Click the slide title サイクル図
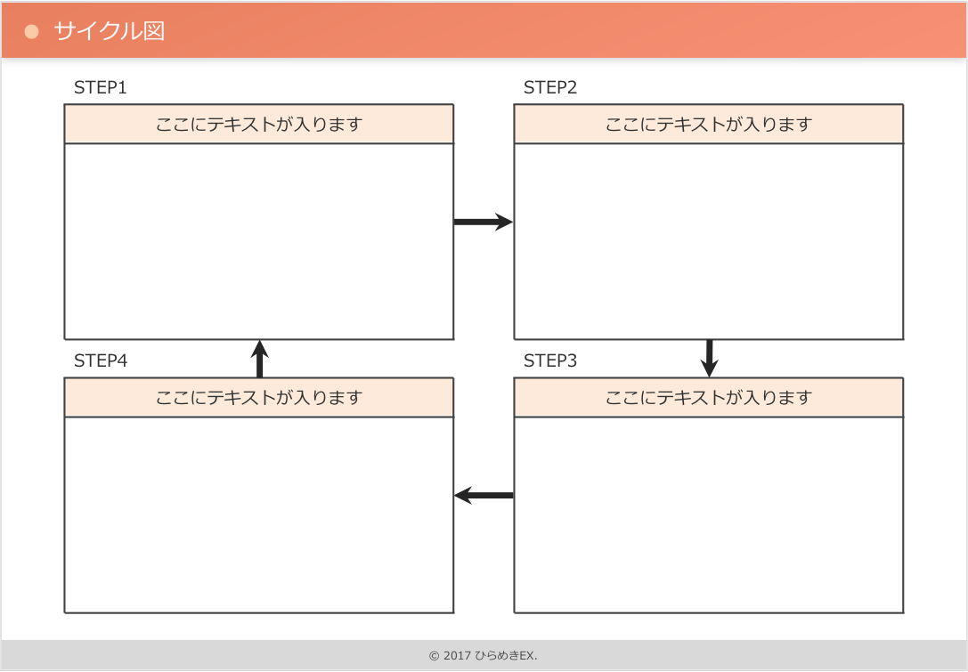click(x=109, y=31)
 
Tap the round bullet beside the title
click(x=32, y=32)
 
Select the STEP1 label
click(x=101, y=87)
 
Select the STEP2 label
click(x=550, y=87)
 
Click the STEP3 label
click(x=550, y=360)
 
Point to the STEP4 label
click(x=101, y=360)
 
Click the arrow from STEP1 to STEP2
click(x=484, y=222)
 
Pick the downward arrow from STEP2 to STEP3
click(x=710, y=358)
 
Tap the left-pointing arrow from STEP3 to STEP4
click(x=484, y=495)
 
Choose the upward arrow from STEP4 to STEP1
click(x=259, y=359)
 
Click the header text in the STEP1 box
click(x=259, y=124)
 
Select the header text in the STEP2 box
click(x=709, y=124)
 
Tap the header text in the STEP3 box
click(x=709, y=397)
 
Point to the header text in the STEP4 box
click(x=259, y=397)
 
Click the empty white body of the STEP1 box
click(x=259, y=240)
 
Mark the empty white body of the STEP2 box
click(x=709, y=240)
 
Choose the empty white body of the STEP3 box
click(x=709, y=514)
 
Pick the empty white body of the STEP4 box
click(x=259, y=514)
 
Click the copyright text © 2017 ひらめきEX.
click(x=483, y=656)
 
